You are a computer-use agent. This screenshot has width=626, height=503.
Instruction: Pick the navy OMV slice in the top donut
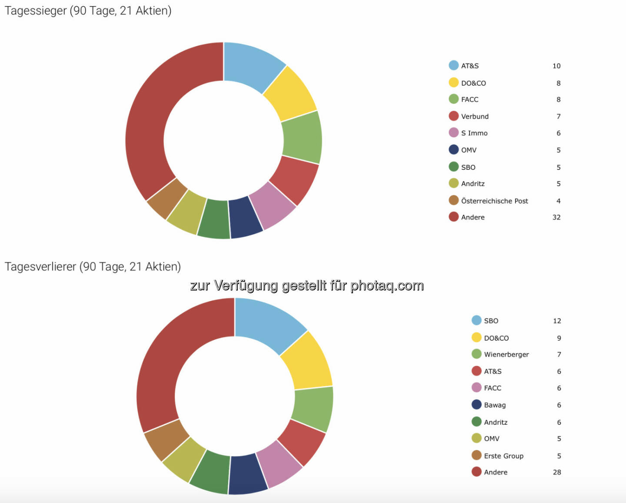[x=246, y=217]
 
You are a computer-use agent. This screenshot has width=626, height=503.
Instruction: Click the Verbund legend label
[x=475, y=117]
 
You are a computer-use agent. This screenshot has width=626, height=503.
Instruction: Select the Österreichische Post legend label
[x=494, y=201]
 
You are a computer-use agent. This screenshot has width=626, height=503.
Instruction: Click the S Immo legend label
[x=474, y=133]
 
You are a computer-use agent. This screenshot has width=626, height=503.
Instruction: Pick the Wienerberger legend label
[x=506, y=355]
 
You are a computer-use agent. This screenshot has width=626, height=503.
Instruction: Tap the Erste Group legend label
[x=503, y=456]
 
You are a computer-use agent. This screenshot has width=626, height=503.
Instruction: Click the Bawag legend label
[x=495, y=405]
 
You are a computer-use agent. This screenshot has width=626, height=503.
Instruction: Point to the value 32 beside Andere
[x=556, y=217]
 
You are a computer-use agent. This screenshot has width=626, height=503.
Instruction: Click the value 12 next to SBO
[x=557, y=321]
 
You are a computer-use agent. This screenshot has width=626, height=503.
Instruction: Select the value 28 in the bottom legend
[x=557, y=473]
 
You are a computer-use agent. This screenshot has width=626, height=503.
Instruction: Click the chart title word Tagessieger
[x=36, y=10]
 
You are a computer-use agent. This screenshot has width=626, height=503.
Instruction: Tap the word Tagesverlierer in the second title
[x=40, y=266]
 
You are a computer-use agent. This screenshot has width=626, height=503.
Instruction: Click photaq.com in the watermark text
[x=387, y=285]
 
